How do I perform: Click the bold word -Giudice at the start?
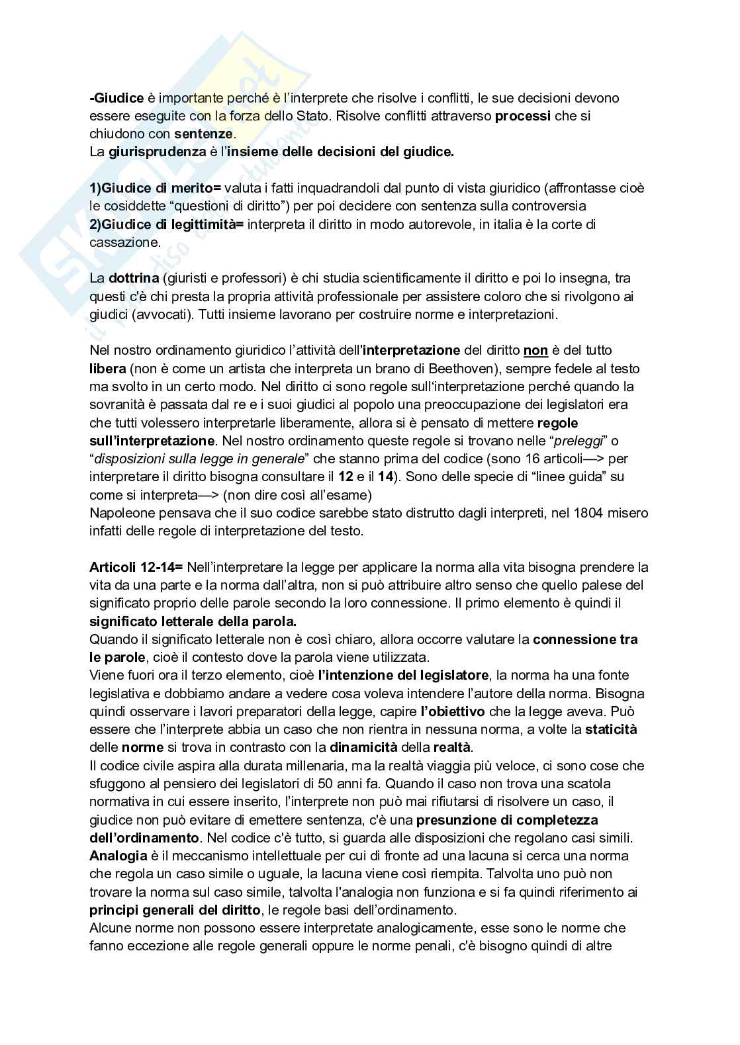(116, 98)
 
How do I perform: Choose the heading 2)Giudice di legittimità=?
(167, 224)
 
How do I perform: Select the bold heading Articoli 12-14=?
(137, 567)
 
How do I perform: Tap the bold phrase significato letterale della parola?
(193, 621)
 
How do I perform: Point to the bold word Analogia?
(118, 856)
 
